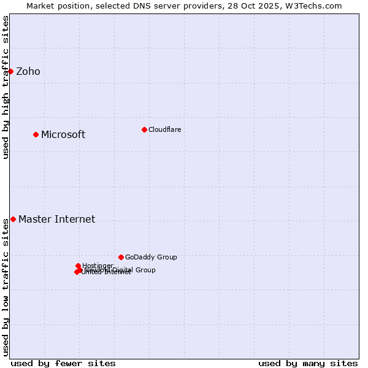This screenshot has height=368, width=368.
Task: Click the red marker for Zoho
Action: point(10,71)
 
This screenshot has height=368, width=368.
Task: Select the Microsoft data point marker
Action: point(36,134)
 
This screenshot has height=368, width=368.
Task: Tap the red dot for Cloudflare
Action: point(144,129)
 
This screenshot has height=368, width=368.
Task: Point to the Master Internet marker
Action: point(13,219)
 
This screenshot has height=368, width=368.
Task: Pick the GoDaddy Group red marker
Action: point(121,257)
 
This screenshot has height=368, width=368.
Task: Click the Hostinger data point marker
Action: point(79,266)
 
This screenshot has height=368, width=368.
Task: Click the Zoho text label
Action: point(28,71)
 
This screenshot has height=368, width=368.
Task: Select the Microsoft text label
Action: point(63,134)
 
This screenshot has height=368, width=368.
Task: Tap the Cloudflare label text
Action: point(164,129)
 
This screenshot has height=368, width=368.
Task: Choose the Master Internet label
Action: point(56,219)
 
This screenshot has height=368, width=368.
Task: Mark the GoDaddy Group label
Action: point(151,257)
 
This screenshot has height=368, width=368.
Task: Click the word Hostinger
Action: point(98,266)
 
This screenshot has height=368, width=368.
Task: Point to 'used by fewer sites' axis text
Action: point(63,363)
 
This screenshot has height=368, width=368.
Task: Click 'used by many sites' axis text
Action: point(308,363)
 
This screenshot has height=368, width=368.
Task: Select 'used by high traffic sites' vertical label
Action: point(6,87)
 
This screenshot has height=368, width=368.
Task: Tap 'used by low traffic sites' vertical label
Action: point(6,287)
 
